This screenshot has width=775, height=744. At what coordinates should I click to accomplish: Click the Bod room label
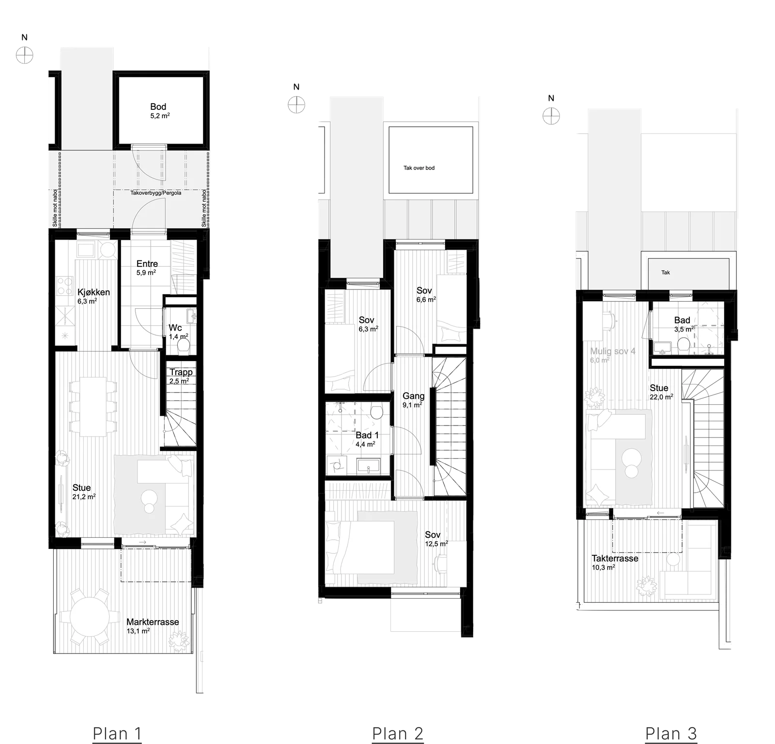[158, 107]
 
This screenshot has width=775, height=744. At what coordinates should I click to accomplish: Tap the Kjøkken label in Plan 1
[93, 292]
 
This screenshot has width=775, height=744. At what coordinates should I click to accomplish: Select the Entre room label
[147, 264]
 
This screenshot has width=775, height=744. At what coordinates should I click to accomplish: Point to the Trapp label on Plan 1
[181, 372]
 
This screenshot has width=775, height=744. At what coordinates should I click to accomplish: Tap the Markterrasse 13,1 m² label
[153, 625]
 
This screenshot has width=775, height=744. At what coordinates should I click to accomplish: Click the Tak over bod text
[419, 168]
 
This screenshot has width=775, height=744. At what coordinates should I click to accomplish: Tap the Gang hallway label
[414, 396]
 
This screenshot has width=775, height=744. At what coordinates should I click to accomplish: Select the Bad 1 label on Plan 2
[367, 436]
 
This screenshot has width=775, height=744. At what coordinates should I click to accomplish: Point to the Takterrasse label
[615, 558]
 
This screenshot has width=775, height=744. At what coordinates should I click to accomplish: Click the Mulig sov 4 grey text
[613, 351]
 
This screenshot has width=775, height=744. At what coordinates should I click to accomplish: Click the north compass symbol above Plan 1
[25, 56]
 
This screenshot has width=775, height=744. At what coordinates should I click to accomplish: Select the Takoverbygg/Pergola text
[156, 193]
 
